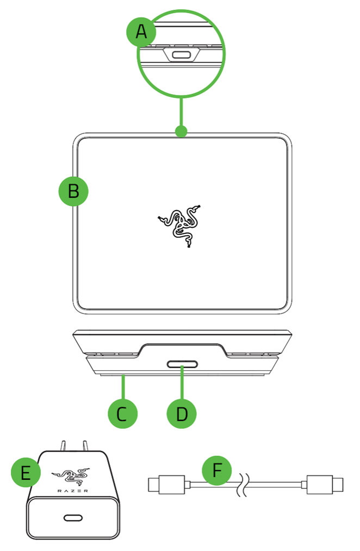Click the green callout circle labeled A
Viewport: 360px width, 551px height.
click(x=141, y=33)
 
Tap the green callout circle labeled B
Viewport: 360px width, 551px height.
click(x=73, y=191)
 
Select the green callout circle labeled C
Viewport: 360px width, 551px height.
click(x=123, y=414)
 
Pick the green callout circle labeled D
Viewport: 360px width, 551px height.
click(x=182, y=414)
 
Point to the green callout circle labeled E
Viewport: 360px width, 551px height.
click(x=26, y=473)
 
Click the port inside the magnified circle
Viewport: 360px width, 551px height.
click(x=180, y=55)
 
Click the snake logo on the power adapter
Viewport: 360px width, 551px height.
click(x=71, y=476)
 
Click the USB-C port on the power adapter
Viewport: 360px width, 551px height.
click(x=73, y=517)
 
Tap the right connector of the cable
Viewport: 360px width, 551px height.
click(x=325, y=484)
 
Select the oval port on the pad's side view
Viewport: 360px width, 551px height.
click(x=182, y=364)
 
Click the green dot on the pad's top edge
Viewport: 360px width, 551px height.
click(x=182, y=131)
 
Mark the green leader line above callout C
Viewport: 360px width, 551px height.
click(x=123, y=387)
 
